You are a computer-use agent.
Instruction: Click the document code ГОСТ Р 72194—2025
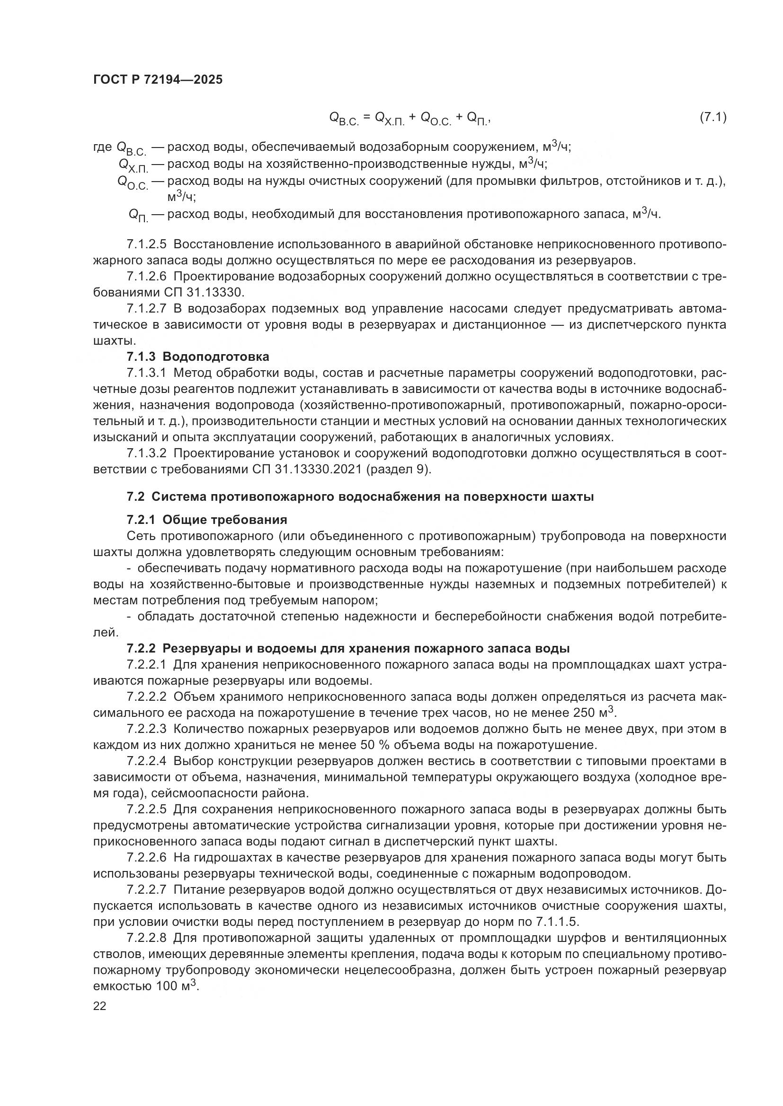[158, 80]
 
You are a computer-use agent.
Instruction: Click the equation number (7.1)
[712, 117]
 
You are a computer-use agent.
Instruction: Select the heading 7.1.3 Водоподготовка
[198, 357]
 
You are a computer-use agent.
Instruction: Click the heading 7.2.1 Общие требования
[207, 520]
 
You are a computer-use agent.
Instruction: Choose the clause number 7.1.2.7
[147, 309]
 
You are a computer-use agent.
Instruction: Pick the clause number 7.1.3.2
[147, 454]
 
